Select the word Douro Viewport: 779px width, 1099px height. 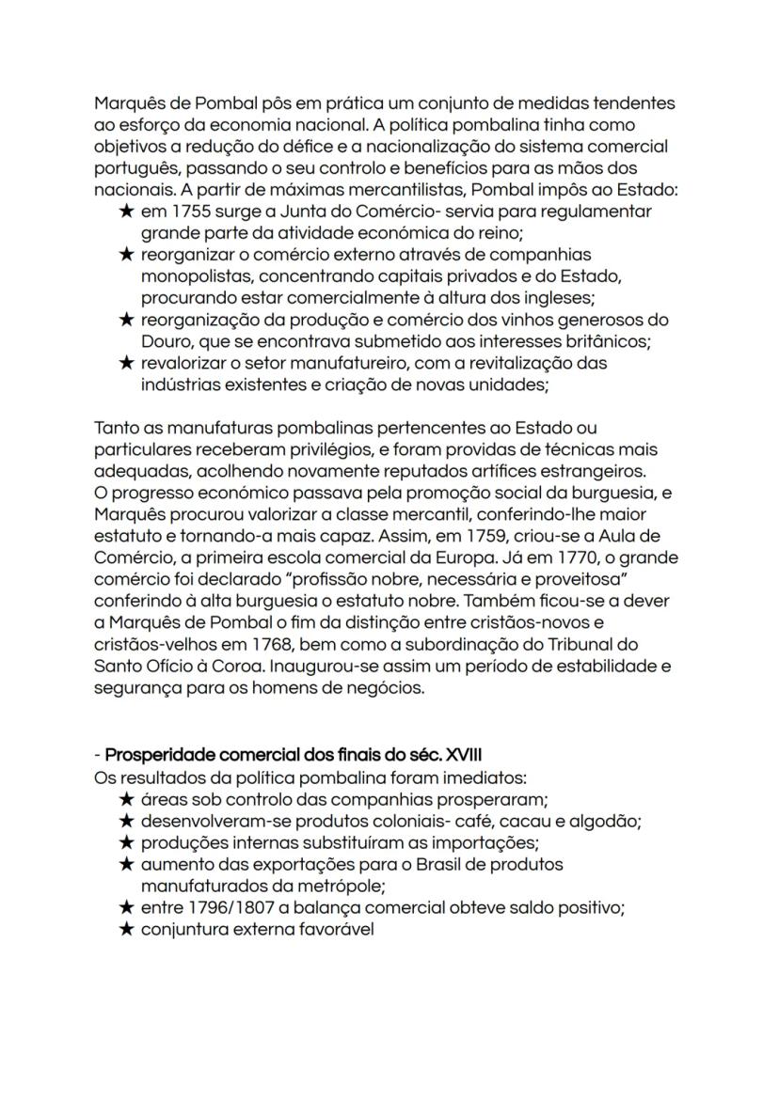tap(167, 341)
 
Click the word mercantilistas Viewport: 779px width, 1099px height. tap(332, 190)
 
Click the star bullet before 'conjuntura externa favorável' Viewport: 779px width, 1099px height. tap(126, 929)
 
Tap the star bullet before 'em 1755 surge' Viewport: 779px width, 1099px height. tap(126, 212)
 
